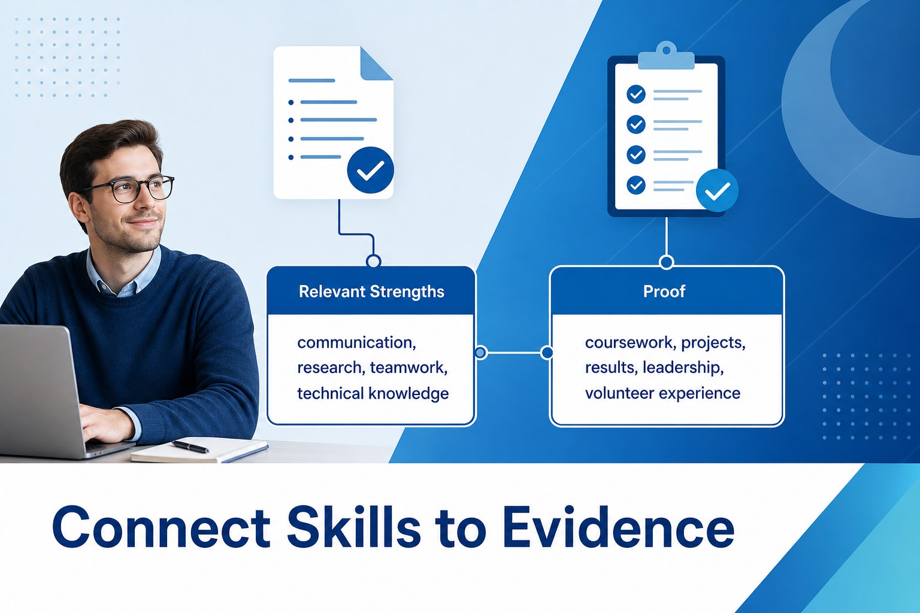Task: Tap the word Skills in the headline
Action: click(x=353, y=526)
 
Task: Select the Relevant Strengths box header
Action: click(x=371, y=291)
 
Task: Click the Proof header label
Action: click(x=664, y=291)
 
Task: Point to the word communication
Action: click(x=356, y=342)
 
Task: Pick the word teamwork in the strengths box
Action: click(x=408, y=368)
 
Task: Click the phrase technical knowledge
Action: click(x=373, y=393)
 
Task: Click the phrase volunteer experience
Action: click(x=662, y=393)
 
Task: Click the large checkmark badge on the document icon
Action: click(x=371, y=170)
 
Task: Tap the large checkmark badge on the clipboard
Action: click(x=717, y=190)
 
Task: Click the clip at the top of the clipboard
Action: click(x=666, y=56)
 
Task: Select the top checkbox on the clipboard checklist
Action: click(x=635, y=94)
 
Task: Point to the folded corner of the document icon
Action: click(x=376, y=63)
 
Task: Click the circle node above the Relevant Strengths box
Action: click(x=373, y=261)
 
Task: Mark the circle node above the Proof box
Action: click(x=666, y=262)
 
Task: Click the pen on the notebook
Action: click(x=190, y=447)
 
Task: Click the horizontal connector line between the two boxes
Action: click(x=514, y=352)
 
